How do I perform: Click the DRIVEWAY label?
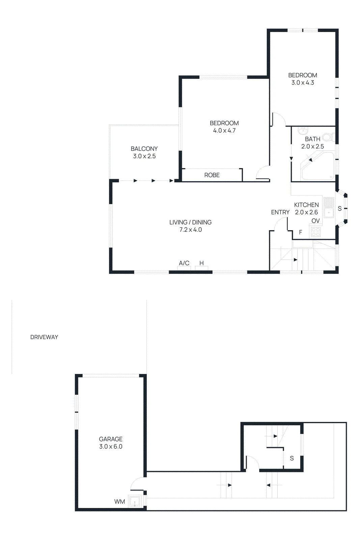(44, 337)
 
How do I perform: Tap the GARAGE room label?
(111, 439)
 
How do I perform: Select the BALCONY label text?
(144, 149)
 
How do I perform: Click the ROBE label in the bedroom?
(212, 175)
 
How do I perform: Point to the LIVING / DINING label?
(190, 222)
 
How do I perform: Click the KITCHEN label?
(306, 205)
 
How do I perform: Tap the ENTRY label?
(280, 212)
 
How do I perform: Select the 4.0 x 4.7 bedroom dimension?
(224, 131)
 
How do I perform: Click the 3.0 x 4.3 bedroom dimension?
(303, 83)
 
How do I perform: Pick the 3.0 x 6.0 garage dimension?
(111, 447)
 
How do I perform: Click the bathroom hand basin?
(303, 131)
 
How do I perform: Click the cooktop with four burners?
(316, 232)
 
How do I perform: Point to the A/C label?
(184, 263)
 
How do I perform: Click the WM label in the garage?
(119, 502)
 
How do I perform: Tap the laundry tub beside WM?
(135, 502)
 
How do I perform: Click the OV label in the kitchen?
(315, 221)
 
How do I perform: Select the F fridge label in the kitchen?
(301, 232)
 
